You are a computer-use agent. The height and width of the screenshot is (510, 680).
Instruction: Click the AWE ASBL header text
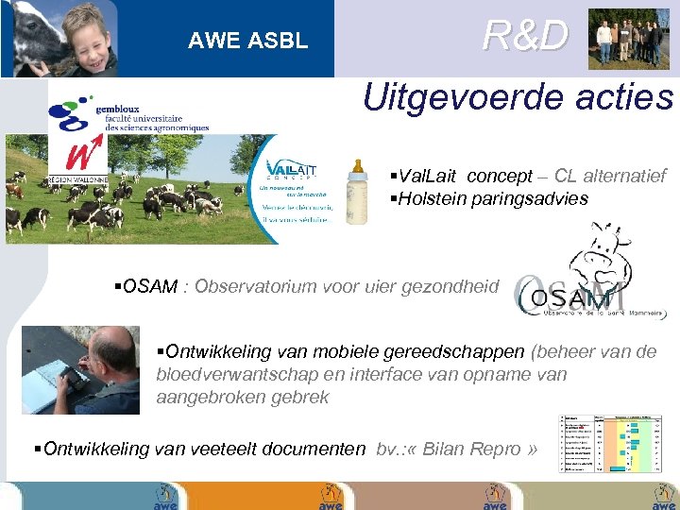tap(247, 41)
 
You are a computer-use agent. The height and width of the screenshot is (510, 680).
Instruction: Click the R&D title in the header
tap(525, 36)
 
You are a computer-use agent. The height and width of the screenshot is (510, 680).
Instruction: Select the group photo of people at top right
tap(628, 40)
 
